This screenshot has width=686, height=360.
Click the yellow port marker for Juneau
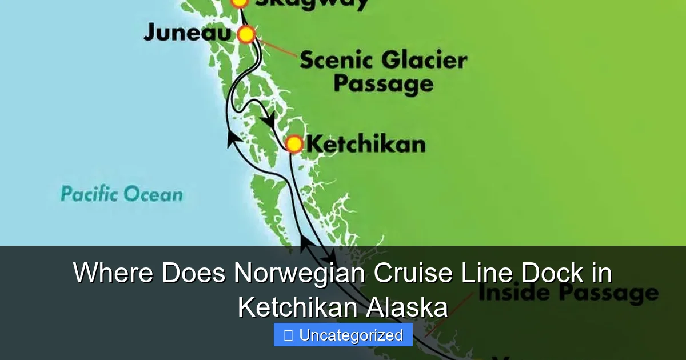click(x=246, y=34)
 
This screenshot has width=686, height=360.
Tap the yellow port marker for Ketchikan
click(x=294, y=143)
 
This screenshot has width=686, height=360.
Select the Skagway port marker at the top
click(x=240, y=2)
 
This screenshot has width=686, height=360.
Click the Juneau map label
click(x=186, y=33)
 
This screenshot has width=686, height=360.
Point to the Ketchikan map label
click(x=366, y=144)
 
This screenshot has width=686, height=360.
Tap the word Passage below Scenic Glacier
click(x=383, y=85)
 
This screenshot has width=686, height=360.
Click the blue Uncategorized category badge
click(x=343, y=335)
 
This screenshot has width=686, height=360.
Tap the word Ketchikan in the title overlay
click(x=298, y=307)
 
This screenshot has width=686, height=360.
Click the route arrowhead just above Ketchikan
click(x=268, y=120)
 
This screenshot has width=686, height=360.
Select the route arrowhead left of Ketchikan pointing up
click(x=233, y=137)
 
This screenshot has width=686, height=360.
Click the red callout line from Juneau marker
click(x=277, y=48)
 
